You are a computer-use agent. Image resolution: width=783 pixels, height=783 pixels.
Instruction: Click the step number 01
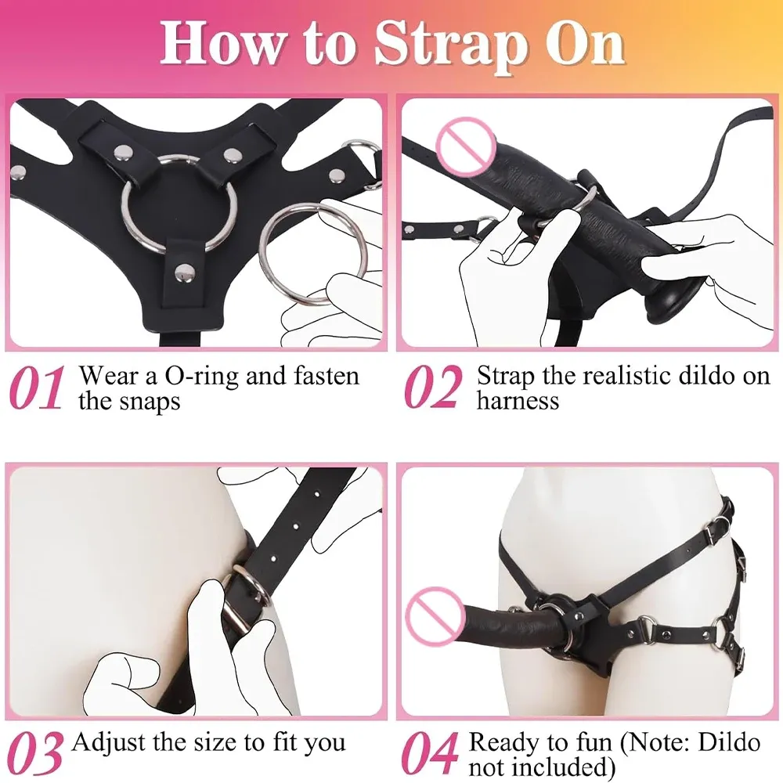click(36, 388)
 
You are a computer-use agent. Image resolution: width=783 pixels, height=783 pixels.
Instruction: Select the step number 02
click(431, 388)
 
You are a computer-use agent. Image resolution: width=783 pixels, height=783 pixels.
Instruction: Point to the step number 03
click(35, 753)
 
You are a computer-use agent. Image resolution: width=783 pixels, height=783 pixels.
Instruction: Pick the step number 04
click(430, 753)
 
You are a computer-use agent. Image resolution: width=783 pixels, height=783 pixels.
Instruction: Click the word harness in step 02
click(518, 400)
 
